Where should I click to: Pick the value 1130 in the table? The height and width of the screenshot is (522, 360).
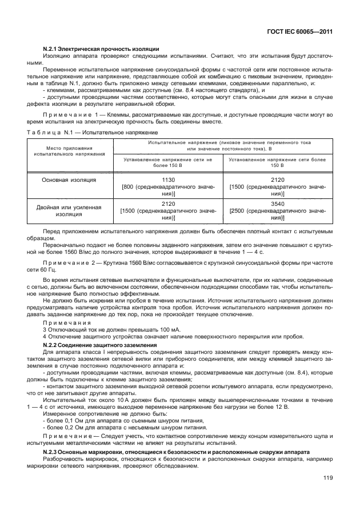pos(168,180)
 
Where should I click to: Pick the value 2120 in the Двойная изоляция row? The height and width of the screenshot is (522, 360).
pos(168,203)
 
